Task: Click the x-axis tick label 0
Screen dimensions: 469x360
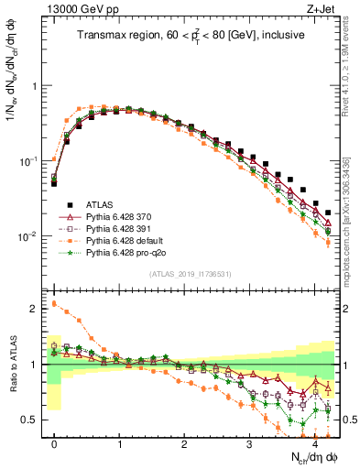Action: pos(55,442)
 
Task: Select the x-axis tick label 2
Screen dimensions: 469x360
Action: pos(185,442)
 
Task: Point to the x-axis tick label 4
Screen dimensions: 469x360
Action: pos(315,442)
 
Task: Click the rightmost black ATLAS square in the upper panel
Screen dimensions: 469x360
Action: pos(328,213)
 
